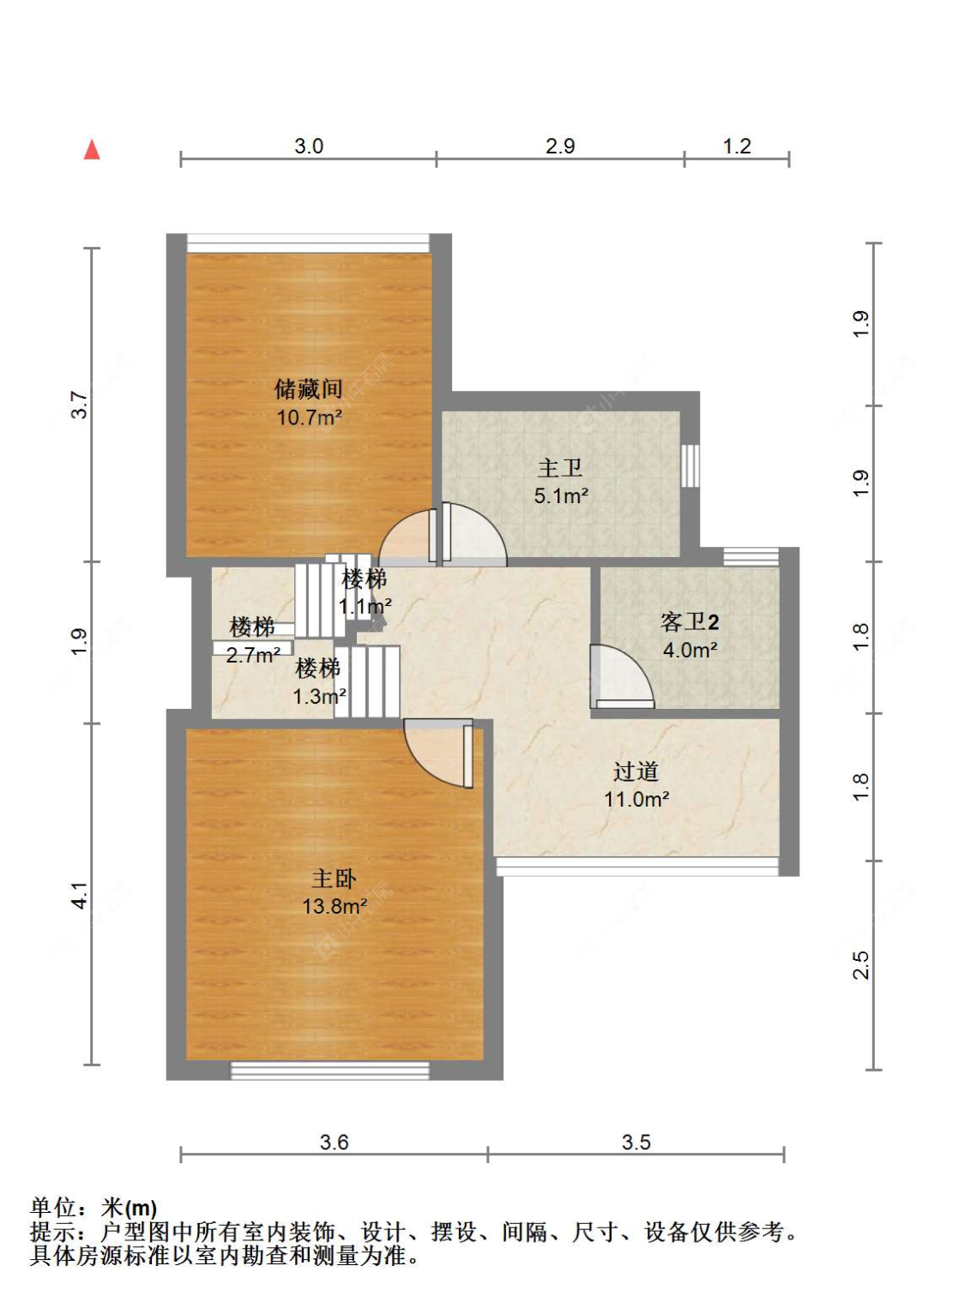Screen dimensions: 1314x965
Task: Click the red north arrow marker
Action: pos(92,150)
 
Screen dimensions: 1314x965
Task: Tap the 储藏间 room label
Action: pos(308,389)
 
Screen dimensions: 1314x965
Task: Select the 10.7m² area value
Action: pos(309,418)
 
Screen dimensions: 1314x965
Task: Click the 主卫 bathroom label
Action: pos(560,468)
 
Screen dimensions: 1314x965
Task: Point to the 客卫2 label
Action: pos(690,621)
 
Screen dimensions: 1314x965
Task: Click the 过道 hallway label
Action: pos(636,771)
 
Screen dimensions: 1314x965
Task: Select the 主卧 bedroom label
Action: pos(334,879)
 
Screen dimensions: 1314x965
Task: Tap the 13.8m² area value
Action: pos(335,907)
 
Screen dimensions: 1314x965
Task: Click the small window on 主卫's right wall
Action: pos(690,465)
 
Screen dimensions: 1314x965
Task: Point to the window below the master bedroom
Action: pos(330,1070)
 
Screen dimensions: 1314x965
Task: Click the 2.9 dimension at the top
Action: pos(560,147)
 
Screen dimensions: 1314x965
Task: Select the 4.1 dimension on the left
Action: pos(79,895)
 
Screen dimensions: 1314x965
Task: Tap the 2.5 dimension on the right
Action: pos(861,965)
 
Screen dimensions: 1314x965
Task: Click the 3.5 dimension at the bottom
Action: pos(636,1142)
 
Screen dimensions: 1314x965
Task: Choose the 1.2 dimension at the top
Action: pos(737,147)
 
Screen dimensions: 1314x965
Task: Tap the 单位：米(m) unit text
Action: pos(93,1208)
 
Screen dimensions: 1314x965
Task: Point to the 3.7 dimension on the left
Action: pos(79,405)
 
